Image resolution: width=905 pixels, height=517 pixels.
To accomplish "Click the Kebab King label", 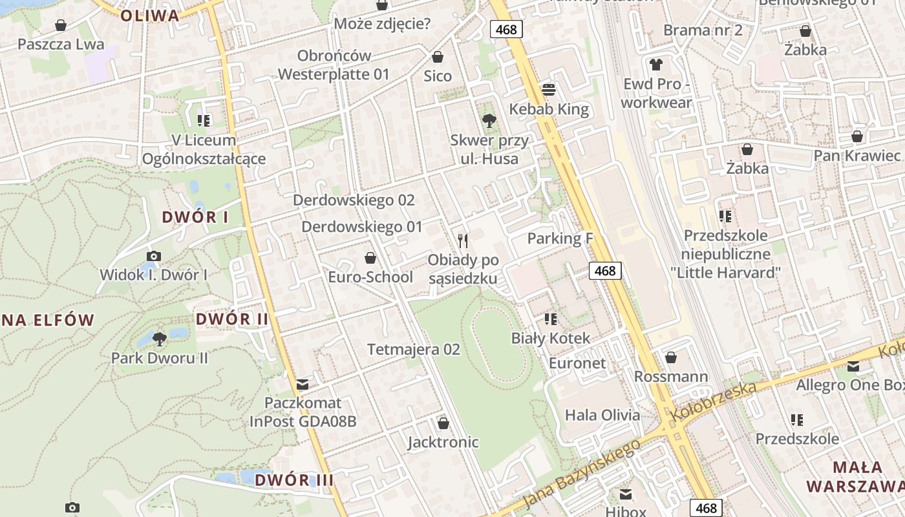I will [549, 109].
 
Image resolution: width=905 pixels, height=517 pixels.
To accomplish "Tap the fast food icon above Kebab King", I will [549, 89].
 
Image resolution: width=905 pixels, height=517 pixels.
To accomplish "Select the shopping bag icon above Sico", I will [438, 57].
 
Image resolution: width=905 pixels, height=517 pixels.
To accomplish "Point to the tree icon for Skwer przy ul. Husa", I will [489, 120].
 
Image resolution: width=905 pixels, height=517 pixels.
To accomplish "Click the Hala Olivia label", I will [602, 415].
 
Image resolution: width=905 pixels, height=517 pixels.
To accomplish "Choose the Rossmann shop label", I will [671, 376].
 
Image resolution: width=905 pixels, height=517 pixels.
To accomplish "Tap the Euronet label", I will [577, 363].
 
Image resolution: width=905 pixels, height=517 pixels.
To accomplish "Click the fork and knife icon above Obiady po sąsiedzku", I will [463, 241].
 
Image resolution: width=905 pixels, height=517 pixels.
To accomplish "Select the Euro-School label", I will [370, 277].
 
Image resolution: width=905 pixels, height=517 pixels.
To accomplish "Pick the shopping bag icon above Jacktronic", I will [443, 423].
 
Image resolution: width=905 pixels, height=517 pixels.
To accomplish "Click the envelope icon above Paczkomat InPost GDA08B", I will [303, 385].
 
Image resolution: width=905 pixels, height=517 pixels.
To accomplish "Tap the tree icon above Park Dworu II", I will [159, 339].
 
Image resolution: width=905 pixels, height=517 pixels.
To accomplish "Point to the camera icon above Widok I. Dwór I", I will [154, 256].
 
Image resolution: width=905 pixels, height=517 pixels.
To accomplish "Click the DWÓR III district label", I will [294, 480].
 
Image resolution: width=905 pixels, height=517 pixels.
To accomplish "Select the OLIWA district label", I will [149, 16].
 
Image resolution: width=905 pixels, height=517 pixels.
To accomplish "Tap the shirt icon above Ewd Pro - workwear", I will [657, 64].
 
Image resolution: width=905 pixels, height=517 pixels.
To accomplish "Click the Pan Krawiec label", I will [857, 156].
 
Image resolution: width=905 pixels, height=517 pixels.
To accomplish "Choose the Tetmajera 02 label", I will [414, 350].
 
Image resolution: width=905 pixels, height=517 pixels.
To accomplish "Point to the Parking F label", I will [560, 238].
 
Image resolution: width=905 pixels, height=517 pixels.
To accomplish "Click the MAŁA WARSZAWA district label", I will [856, 476].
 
